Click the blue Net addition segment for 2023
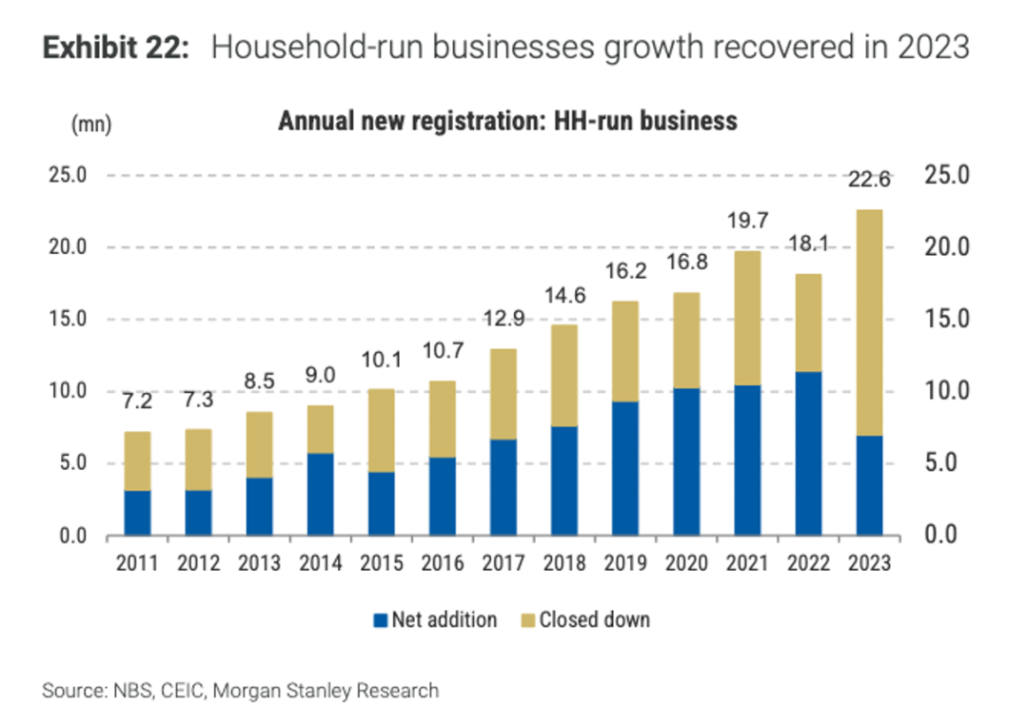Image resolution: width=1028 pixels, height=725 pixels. point(869,485)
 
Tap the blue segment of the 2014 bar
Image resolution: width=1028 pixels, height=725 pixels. point(320,494)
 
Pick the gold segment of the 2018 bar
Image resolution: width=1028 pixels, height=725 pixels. point(564,375)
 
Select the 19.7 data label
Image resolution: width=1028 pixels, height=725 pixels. point(747,221)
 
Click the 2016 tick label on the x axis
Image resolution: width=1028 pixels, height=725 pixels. point(442,563)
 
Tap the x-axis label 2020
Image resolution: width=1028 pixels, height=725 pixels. point(686,563)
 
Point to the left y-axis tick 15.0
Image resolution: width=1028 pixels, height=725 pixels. point(68,319)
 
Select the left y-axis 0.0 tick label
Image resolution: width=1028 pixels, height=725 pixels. point(72,536)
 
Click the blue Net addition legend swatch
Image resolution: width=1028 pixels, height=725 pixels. point(381,620)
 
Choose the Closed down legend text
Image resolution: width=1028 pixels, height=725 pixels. point(594,620)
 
